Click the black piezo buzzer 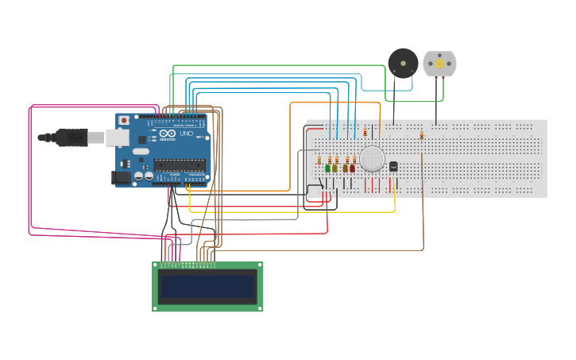tap(403, 62)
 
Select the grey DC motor tap(439, 64)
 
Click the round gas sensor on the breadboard tap(372, 159)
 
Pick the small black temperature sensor tap(393, 166)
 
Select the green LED tap(327, 168)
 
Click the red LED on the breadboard tap(352, 168)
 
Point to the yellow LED tap(334, 168)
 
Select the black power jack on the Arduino tap(121, 179)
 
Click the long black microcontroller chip tap(180, 165)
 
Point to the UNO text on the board tap(186, 134)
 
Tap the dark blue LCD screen tap(207, 286)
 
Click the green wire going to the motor tap(278, 65)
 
